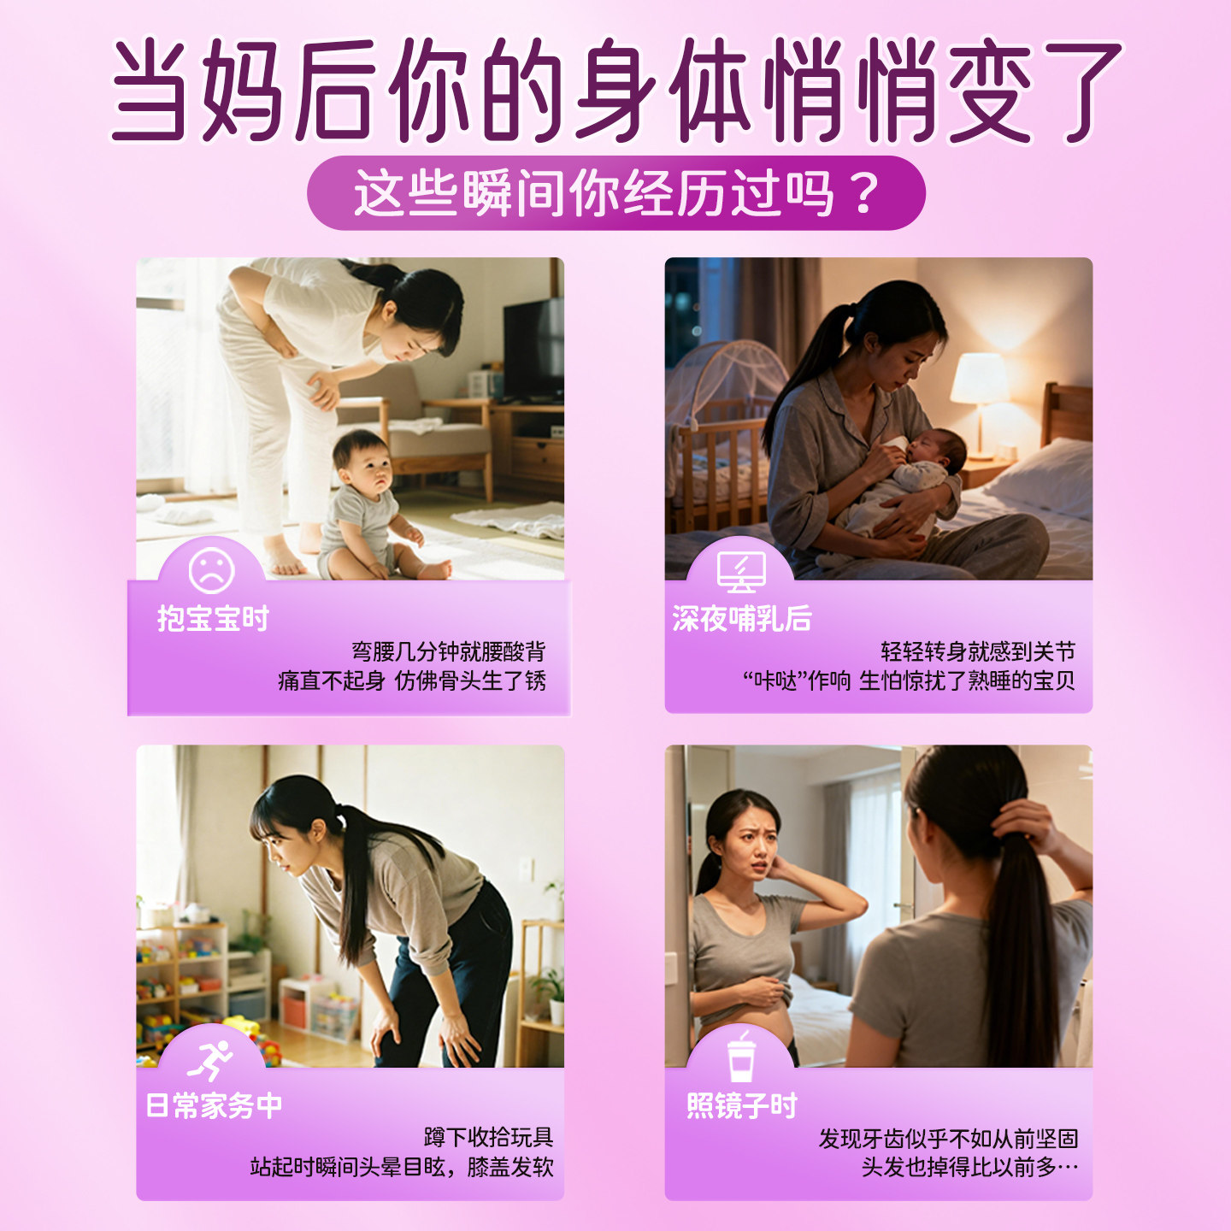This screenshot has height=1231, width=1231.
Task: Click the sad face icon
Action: tap(211, 570)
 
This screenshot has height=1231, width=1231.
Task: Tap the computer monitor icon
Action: tap(741, 571)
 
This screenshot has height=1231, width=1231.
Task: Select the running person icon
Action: tap(211, 1060)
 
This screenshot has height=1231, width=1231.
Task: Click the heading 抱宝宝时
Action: tap(213, 618)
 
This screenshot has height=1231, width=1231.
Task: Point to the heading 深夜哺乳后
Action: tap(741, 618)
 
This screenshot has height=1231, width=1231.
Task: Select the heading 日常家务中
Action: tap(214, 1105)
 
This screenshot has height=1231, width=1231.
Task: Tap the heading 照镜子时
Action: tap(742, 1105)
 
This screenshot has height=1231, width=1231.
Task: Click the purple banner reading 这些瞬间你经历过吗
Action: tap(615, 193)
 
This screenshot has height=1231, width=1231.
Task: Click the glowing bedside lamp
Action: tap(979, 380)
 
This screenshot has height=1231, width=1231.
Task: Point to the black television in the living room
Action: tap(533, 350)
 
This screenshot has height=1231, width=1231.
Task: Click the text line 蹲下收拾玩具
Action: tap(488, 1138)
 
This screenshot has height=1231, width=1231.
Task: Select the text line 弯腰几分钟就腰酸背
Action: tap(448, 651)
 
